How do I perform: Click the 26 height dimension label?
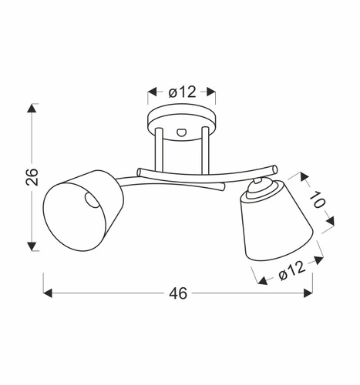click(32, 178)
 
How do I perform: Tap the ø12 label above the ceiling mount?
click(181, 92)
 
